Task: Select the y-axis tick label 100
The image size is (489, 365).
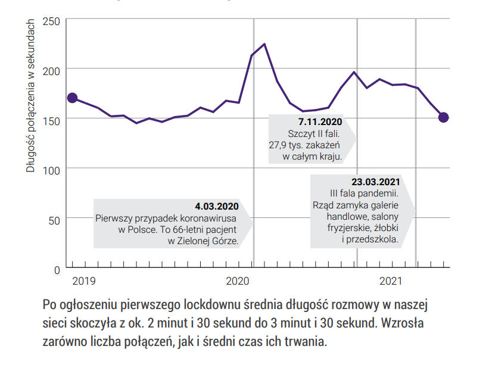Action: coord(52,171)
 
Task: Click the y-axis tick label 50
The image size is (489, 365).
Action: coord(54,221)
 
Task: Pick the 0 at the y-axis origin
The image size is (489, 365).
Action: coord(57,270)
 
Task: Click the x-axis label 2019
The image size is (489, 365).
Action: coord(83,280)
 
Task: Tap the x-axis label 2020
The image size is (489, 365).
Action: coord(238,280)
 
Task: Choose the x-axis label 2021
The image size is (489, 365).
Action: coord(390,280)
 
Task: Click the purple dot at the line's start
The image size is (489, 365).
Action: coord(72,98)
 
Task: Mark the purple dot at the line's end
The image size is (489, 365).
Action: coord(443,117)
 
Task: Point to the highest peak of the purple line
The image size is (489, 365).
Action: coord(264,44)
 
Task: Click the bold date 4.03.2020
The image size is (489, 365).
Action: coord(216,207)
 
